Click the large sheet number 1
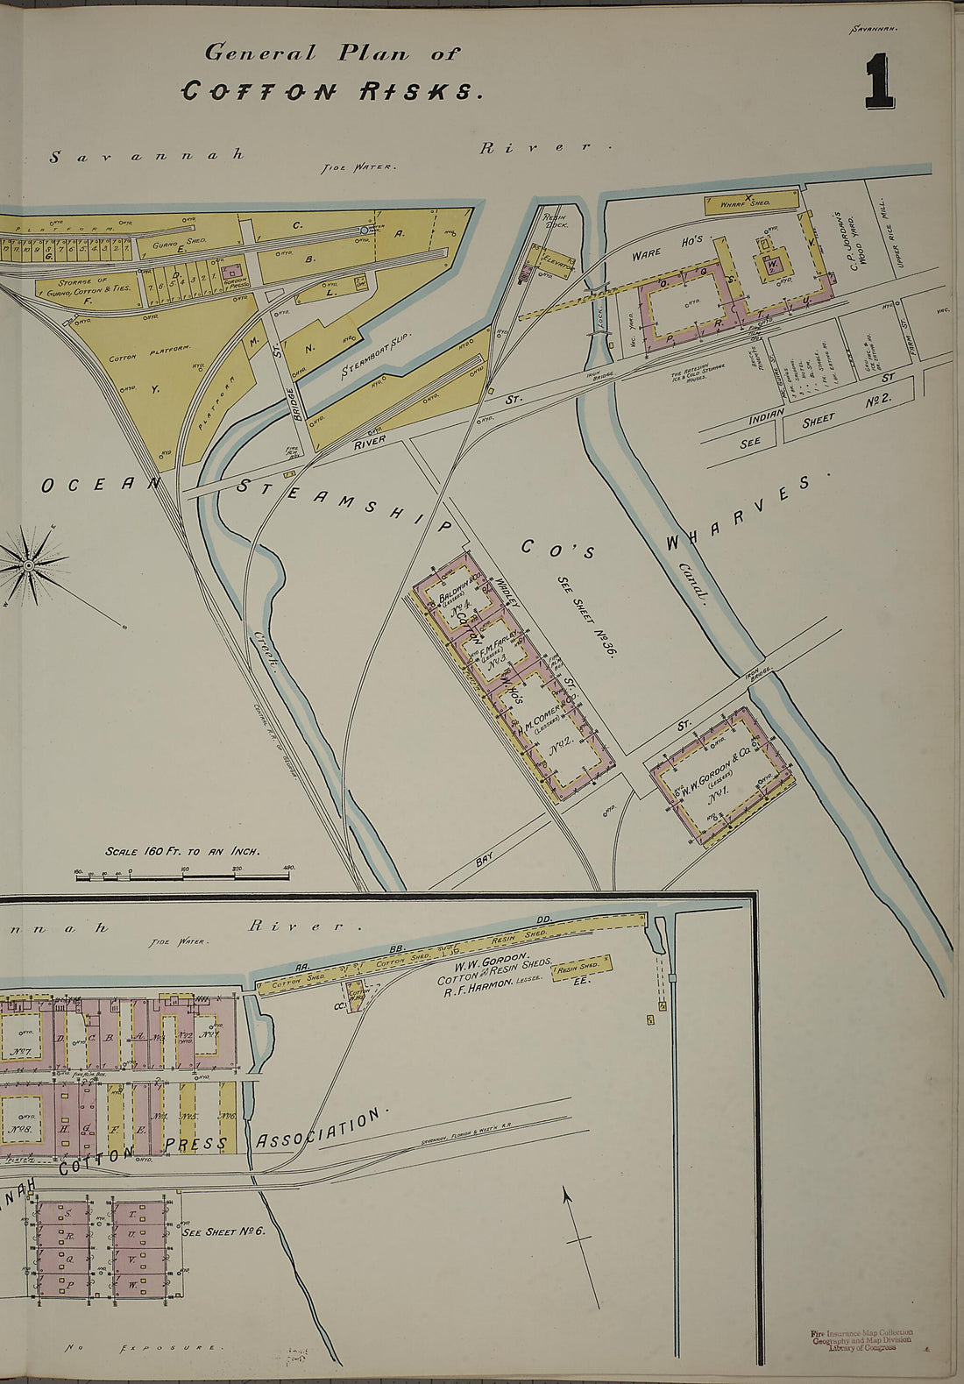pos(879,82)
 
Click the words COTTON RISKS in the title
pos(331,91)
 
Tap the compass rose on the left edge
pos(32,566)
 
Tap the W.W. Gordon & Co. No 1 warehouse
pos(720,778)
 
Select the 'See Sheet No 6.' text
pos(223,1231)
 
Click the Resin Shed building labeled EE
pos(581,968)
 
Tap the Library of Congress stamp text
pos(861,1340)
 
